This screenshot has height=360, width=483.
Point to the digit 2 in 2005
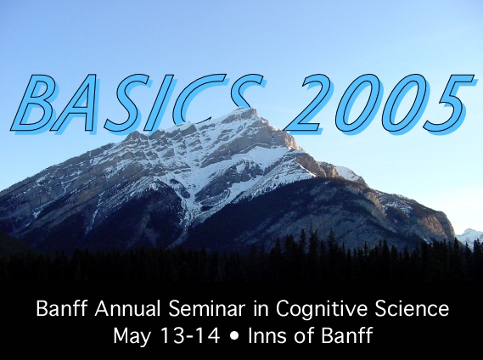tap(308, 104)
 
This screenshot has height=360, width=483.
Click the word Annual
tap(127, 308)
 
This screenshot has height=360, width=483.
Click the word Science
tap(412, 308)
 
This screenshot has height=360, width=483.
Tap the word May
tap(132, 337)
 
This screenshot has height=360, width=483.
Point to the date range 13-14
tap(190, 335)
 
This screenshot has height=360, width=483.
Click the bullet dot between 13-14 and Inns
tap(234, 335)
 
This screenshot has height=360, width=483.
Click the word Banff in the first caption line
tap(62, 308)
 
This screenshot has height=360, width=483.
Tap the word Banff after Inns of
tap(347, 335)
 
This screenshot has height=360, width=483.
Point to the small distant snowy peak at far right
tap(469, 235)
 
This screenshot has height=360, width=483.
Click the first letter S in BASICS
tap(123, 104)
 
